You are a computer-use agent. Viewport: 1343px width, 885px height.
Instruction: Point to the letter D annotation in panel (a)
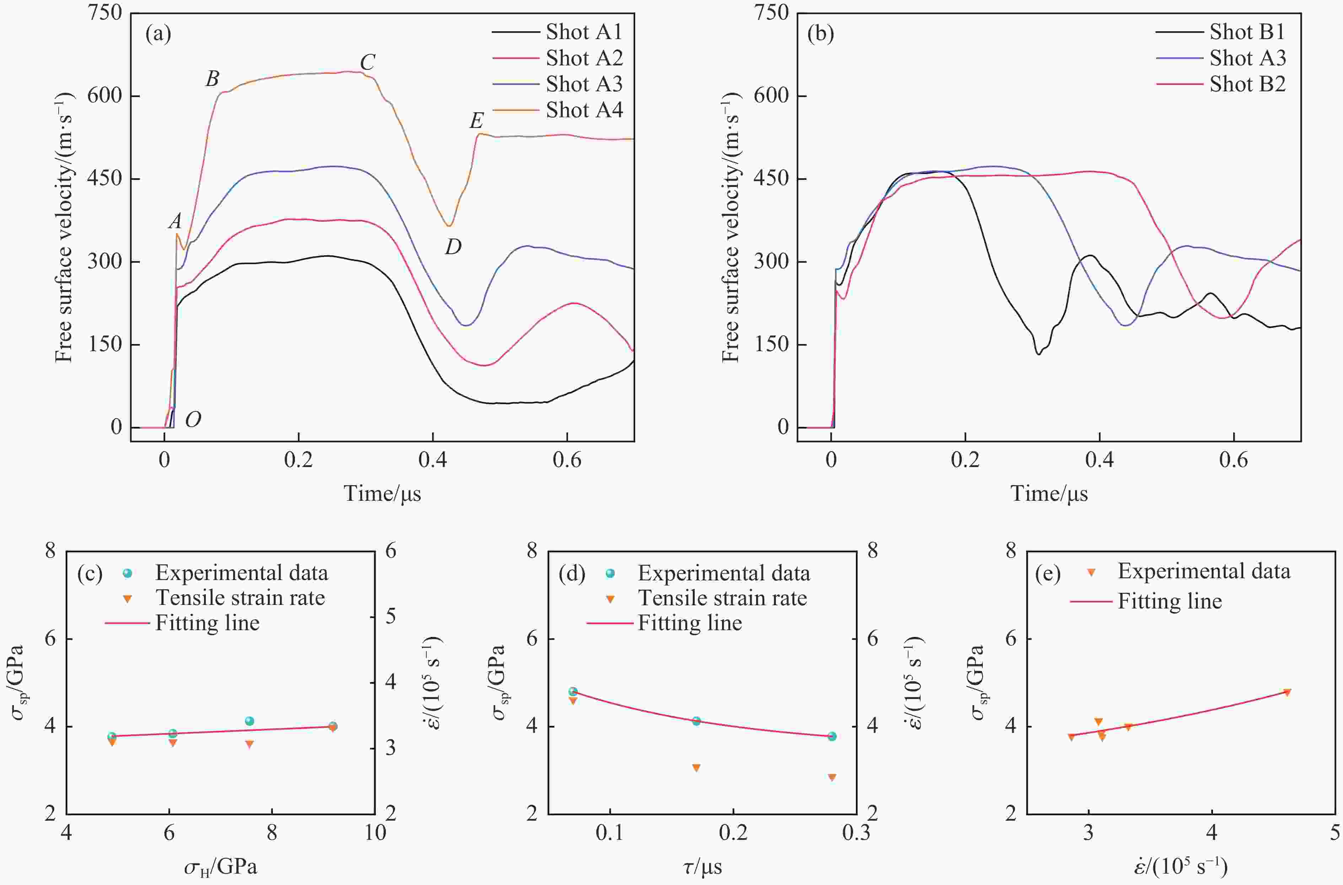click(453, 247)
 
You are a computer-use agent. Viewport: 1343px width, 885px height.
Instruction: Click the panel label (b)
click(820, 34)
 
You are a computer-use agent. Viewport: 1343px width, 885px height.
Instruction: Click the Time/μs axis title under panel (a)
click(383, 493)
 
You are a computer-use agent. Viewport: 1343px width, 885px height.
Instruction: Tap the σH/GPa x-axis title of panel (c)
click(220, 867)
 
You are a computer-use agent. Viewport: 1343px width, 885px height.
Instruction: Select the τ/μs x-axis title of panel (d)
click(702, 867)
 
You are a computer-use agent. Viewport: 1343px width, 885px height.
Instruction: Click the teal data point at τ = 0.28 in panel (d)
click(832, 736)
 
